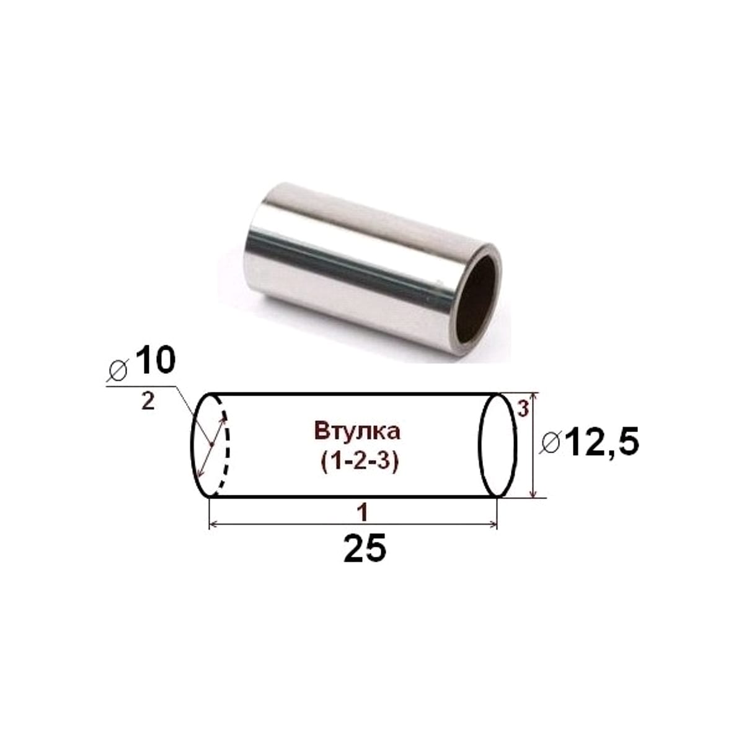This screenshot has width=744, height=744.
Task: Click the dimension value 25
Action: click(365, 547)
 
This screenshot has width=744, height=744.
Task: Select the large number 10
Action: click(155, 360)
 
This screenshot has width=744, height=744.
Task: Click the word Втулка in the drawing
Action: click(357, 432)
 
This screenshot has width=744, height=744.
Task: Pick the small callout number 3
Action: click(523, 409)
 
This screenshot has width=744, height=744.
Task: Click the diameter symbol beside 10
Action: click(118, 370)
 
